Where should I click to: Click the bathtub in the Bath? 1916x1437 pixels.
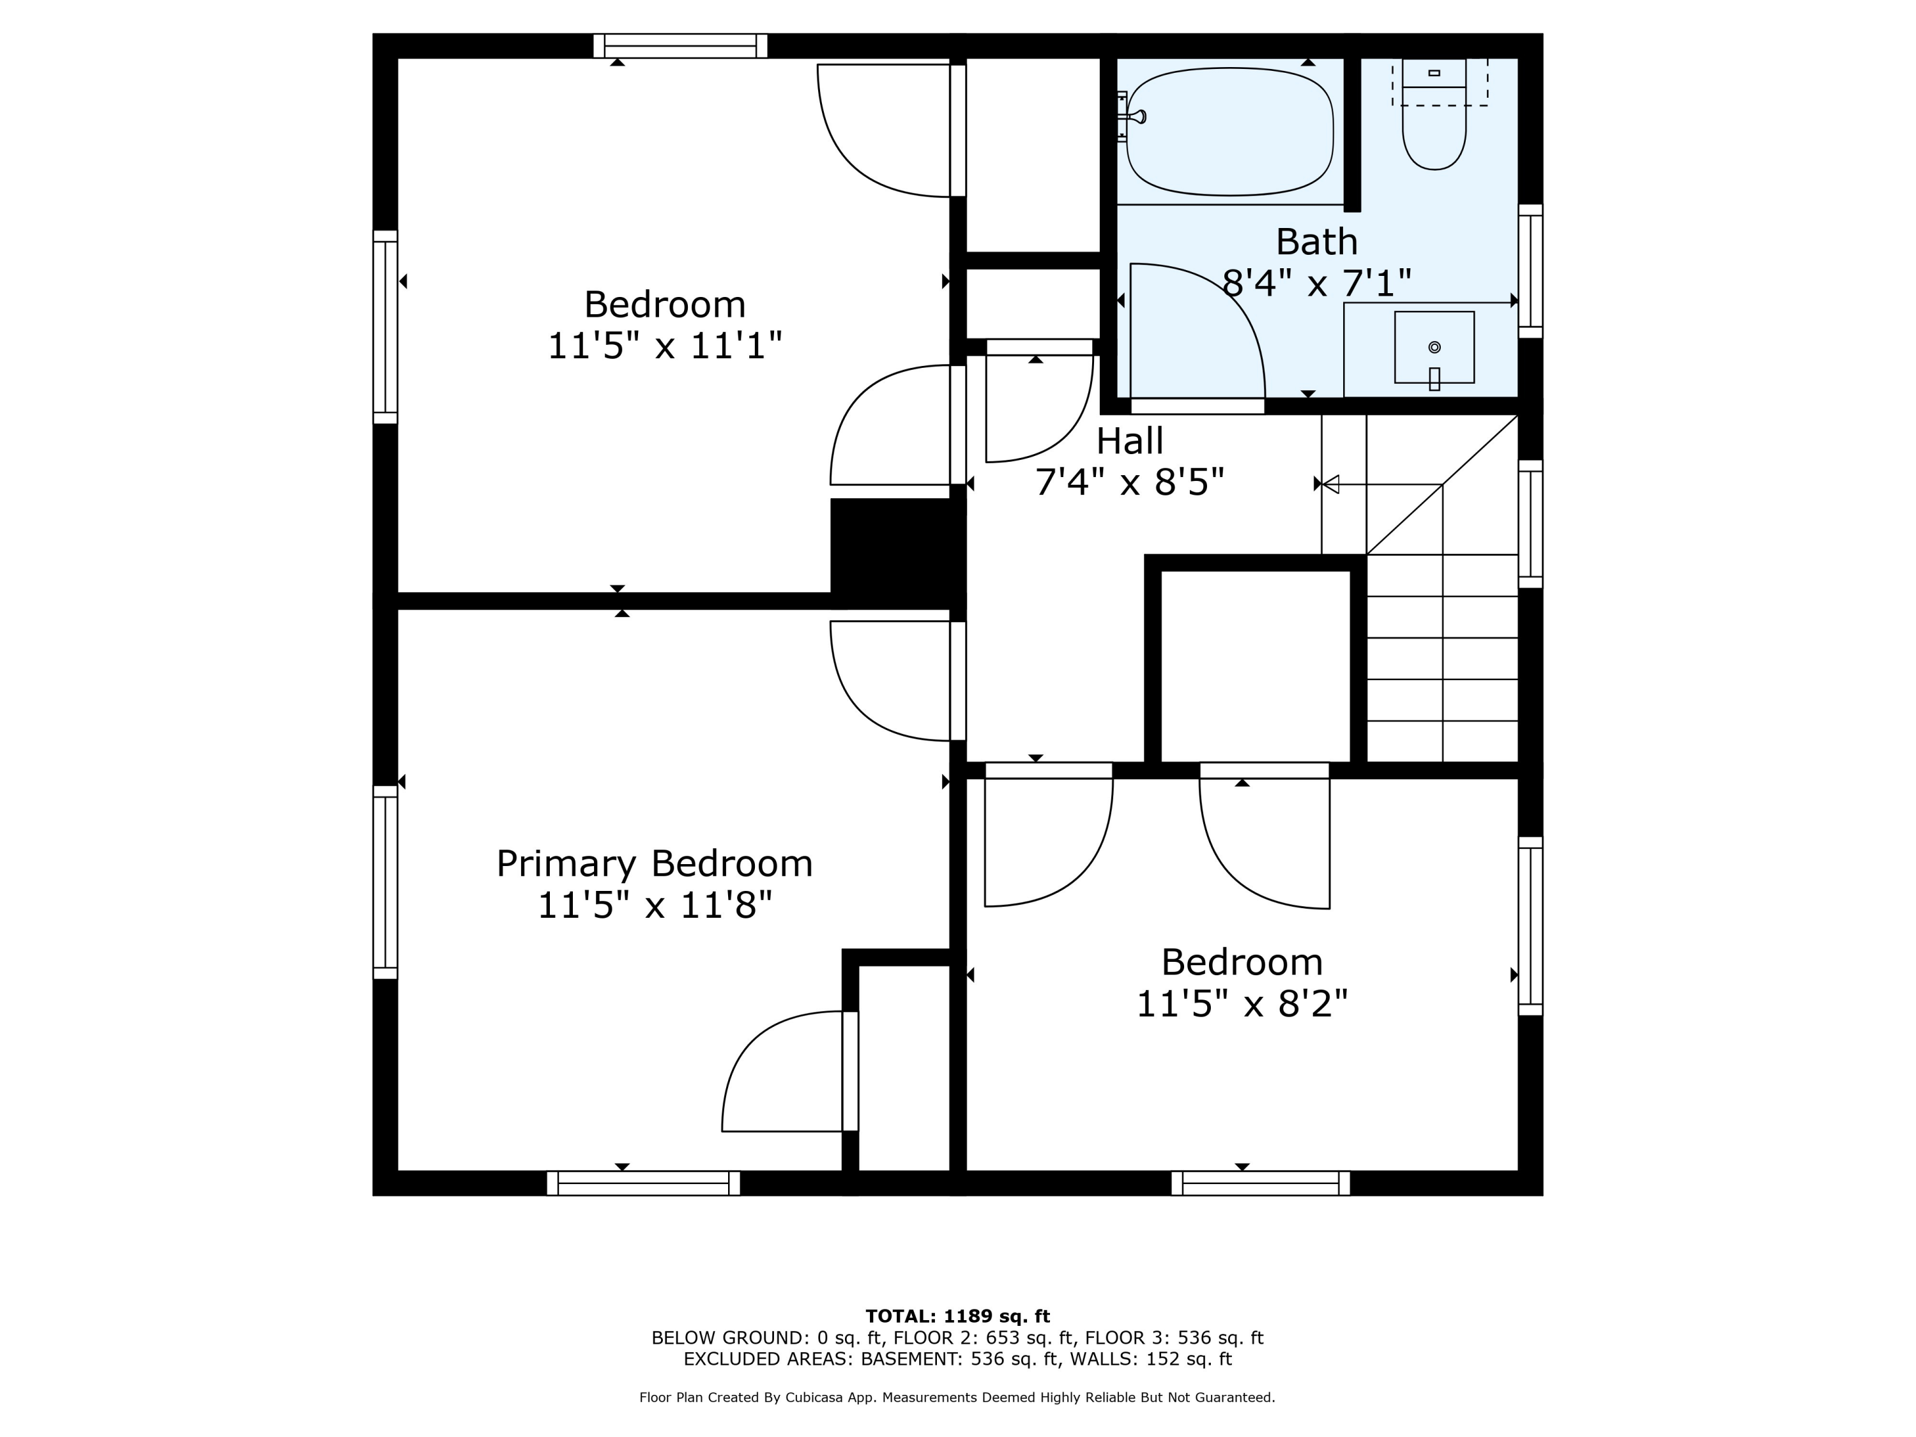tap(1229, 132)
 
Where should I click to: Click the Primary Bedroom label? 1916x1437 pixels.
tap(654, 863)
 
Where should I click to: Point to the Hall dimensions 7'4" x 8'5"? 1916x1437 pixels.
tap(1130, 482)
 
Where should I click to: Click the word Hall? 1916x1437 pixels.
tap(1130, 441)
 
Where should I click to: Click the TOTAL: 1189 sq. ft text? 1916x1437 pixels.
tap(957, 1316)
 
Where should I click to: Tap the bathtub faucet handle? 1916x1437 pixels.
tap(1133, 116)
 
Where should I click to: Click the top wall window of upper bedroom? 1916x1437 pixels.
tap(680, 46)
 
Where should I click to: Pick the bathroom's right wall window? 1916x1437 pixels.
tap(1530, 271)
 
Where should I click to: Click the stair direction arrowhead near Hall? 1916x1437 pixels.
tap(1330, 484)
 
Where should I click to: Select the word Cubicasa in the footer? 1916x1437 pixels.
tap(817, 1397)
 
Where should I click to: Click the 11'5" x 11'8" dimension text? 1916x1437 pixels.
tap(654, 905)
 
